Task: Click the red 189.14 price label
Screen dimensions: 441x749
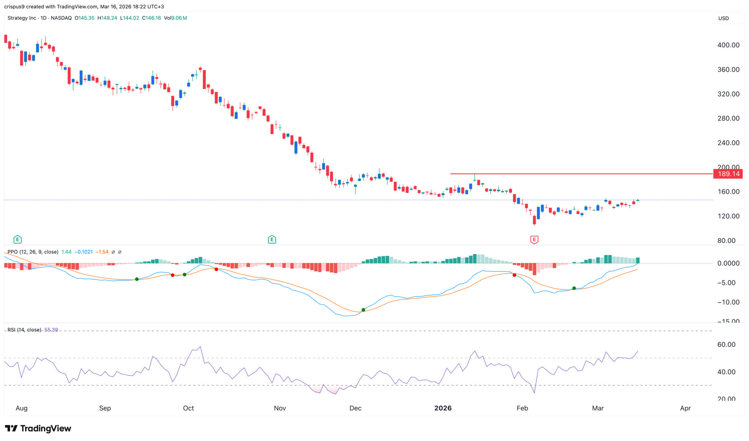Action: [x=728, y=174]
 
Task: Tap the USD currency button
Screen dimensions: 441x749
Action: [x=723, y=18]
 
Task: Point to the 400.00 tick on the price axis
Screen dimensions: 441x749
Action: [x=728, y=45]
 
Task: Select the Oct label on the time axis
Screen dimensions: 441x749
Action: [x=188, y=408]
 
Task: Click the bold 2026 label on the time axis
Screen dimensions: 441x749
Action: [x=443, y=408]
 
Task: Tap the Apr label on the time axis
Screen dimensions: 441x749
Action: [x=685, y=408]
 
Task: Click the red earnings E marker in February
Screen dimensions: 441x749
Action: [x=534, y=240]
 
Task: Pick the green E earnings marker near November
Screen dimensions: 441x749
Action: [x=272, y=240]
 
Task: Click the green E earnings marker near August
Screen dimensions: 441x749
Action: [x=17, y=240]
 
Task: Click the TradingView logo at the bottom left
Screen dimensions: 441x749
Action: [x=38, y=428]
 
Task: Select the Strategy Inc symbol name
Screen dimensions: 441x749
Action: [x=22, y=18]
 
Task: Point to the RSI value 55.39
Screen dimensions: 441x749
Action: [x=51, y=330]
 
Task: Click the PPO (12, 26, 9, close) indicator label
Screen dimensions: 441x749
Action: [x=33, y=252]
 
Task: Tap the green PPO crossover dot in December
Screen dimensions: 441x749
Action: [x=363, y=310]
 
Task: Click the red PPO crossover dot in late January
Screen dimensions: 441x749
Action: [x=515, y=275]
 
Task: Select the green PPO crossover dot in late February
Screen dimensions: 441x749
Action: [x=574, y=288]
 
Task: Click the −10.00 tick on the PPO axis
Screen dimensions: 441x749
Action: [x=728, y=302]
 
